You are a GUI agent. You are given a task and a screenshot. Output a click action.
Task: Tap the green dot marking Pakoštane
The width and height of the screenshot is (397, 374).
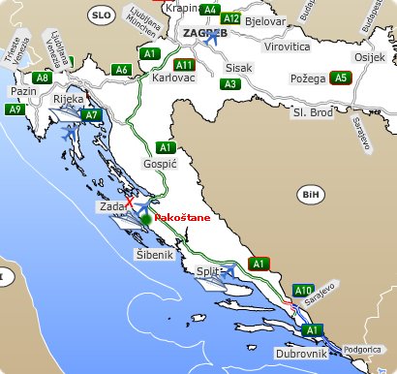pyautogui.click(x=146, y=220)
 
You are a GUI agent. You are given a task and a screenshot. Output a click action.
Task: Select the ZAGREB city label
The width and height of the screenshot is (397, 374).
pyautogui.click(x=204, y=33)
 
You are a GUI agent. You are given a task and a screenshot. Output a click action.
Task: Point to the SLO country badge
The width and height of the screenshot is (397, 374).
pyautogui.click(x=100, y=16)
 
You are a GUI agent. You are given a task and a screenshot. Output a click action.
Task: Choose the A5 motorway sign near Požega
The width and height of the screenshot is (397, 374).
pyautogui.click(x=339, y=78)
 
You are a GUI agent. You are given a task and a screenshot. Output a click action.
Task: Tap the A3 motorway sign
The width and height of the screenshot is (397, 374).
pyautogui.click(x=229, y=84)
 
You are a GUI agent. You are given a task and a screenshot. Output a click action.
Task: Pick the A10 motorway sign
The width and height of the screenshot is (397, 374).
pyautogui.click(x=302, y=291)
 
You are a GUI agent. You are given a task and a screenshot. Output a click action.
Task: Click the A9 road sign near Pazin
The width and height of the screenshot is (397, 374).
pyautogui.click(x=15, y=109)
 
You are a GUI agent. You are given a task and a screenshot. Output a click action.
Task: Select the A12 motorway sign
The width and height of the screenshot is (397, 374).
pyautogui.click(x=230, y=18)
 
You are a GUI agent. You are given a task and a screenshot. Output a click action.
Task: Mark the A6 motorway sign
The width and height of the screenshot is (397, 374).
pyautogui.click(x=122, y=70)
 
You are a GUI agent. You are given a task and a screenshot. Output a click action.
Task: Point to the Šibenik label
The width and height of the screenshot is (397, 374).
pyautogui.click(x=153, y=254)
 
